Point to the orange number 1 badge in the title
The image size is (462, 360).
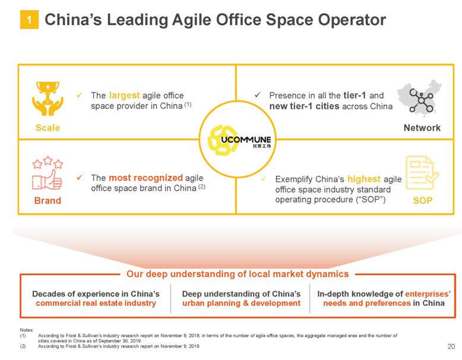29,21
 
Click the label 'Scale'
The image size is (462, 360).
47,128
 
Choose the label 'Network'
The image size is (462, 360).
422,128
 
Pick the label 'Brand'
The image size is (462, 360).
47,201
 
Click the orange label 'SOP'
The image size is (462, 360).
422,201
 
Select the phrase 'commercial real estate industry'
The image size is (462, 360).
96,304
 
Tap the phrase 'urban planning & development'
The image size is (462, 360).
241,304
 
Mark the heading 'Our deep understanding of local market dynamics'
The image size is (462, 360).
237,274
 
